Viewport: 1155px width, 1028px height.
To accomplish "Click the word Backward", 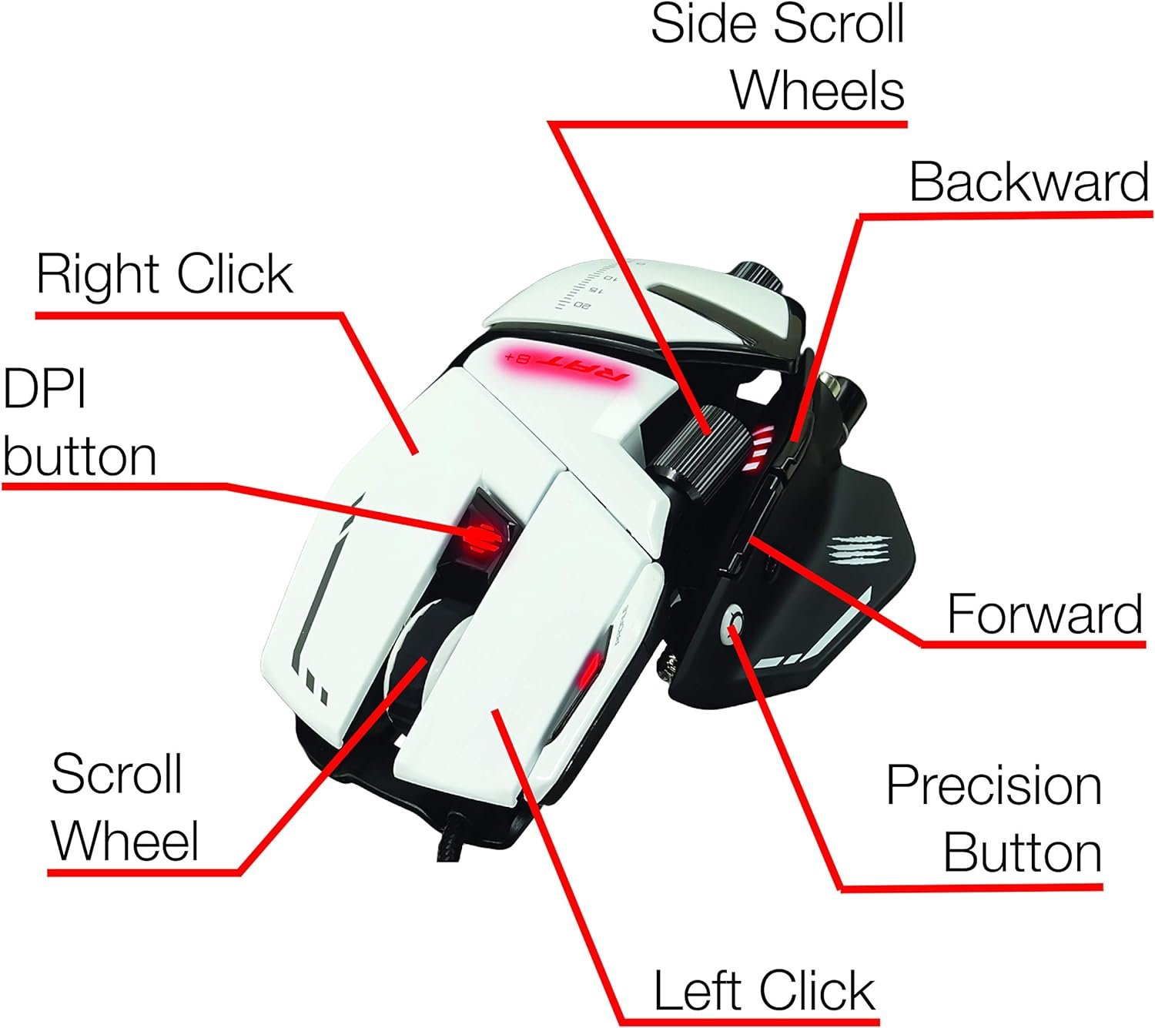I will pos(1029,182).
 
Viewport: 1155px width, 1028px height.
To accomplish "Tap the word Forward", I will pos(1044,614).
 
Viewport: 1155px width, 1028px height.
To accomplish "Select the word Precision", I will pos(993,785).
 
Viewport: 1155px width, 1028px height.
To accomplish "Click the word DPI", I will pos(45,389).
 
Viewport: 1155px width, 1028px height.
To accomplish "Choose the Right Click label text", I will pos(164,274).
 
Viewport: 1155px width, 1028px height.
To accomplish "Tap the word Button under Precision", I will pos(1023,852).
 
